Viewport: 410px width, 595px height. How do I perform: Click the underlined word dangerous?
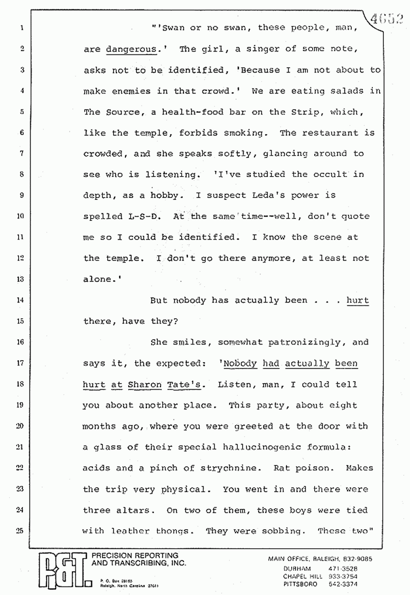[x=131, y=49]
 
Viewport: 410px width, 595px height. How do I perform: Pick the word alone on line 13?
[x=97, y=279]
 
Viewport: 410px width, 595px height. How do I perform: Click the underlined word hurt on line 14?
[x=357, y=300]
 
